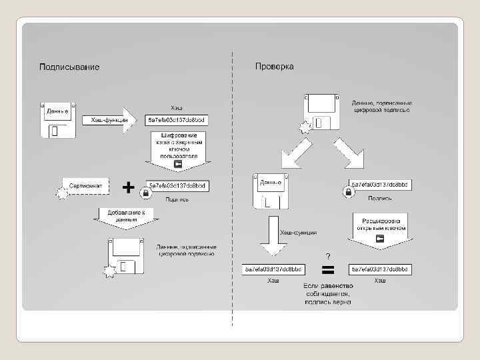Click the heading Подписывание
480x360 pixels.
coord(69,67)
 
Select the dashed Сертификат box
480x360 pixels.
coord(85,185)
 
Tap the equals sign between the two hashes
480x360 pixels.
coord(328,270)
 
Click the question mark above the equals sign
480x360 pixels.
coord(328,256)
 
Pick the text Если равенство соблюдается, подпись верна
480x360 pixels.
coord(328,293)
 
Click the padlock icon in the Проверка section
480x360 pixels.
coord(347,192)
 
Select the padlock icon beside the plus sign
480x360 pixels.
coord(144,192)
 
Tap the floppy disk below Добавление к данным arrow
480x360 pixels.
coord(126,257)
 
